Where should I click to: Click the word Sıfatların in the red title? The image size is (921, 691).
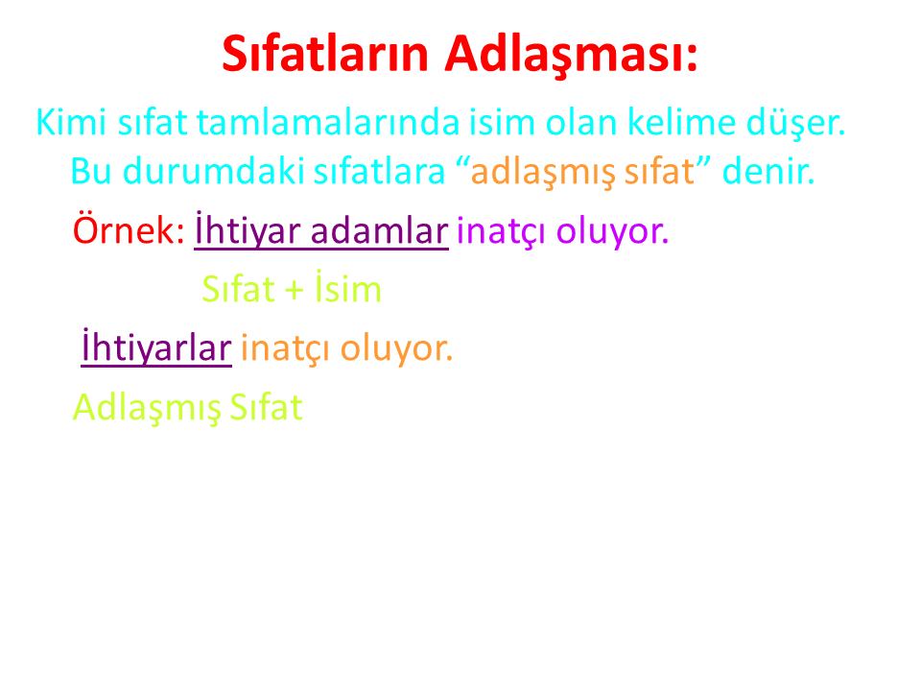325,54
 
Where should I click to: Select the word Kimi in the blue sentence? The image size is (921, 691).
71,122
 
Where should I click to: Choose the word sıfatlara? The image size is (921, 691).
380,171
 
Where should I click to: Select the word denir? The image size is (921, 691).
768,171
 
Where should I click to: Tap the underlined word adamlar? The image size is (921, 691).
380,230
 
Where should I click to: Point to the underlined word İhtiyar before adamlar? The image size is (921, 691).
248,230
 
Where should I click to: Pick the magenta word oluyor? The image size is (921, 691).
612,231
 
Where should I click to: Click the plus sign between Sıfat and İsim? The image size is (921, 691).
294,290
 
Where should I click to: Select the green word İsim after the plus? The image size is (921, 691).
347,287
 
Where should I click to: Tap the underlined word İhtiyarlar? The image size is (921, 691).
156,347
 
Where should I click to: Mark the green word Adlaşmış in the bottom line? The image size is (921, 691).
146,408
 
